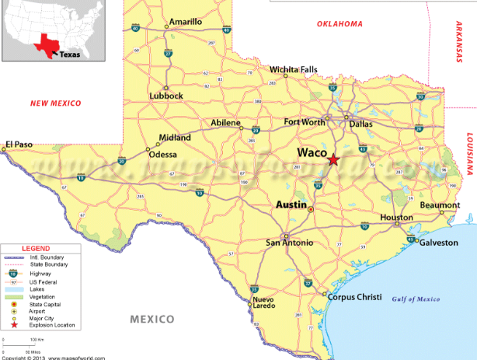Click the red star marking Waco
[x=333, y=159]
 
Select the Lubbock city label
[x=166, y=96]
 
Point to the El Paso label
[x=21, y=144]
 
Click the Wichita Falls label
[x=294, y=70]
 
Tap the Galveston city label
[x=439, y=243]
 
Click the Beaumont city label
[x=440, y=204]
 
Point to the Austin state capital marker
[x=311, y=209]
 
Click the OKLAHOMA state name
[x=339, y=24]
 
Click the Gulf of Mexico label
[x=416, y=299]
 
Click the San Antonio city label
[x=291, y=243]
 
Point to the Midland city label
[x=175, y=138]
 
